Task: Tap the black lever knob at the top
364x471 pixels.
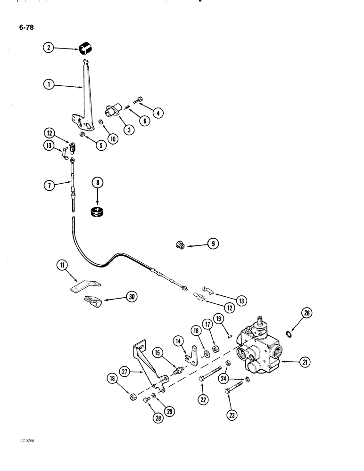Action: coord(85,48)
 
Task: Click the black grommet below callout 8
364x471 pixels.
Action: coord(98,211)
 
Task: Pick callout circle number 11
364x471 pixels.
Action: coord(61,267)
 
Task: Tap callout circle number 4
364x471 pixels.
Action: coord(157,113)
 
